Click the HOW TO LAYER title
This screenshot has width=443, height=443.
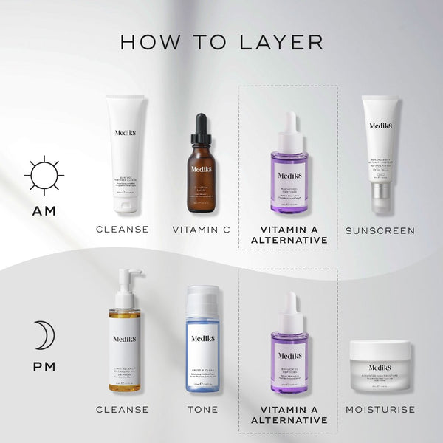[x=221, y=41]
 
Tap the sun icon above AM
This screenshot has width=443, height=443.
[x=44, y=176]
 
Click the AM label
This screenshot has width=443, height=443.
[x=44, y=212]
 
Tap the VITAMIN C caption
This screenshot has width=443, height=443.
[x=202, y=230]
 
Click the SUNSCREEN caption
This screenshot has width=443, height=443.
[x=380, y=230]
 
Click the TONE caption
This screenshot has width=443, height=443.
[x=202, y=409]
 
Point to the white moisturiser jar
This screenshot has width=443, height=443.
[x=379, y=366]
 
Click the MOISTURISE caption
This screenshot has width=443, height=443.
[x=380, y=409]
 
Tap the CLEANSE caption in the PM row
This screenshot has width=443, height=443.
[x=122, y=409]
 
